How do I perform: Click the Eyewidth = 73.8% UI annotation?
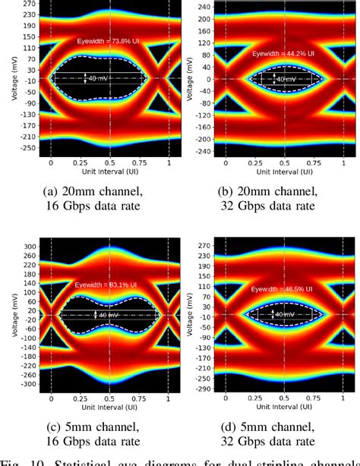112,41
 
